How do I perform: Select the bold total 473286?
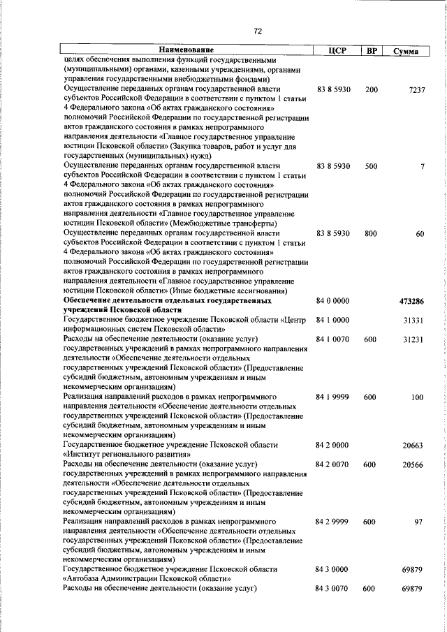pyautogui.click(x=411, y=301)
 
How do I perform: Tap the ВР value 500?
pyautogui.click(x=371, y=166)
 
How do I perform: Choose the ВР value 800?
pyautogui.click(x=371, y=233)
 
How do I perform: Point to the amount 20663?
pyautogui.click(x=413, y=446)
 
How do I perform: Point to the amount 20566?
pyautogui.click(x=413, y=464)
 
